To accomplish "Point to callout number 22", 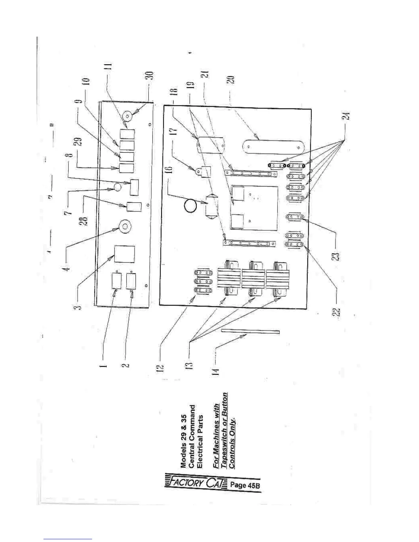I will point(338,313).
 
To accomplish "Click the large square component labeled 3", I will point(124,254).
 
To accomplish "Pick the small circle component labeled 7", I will point(117,187).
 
